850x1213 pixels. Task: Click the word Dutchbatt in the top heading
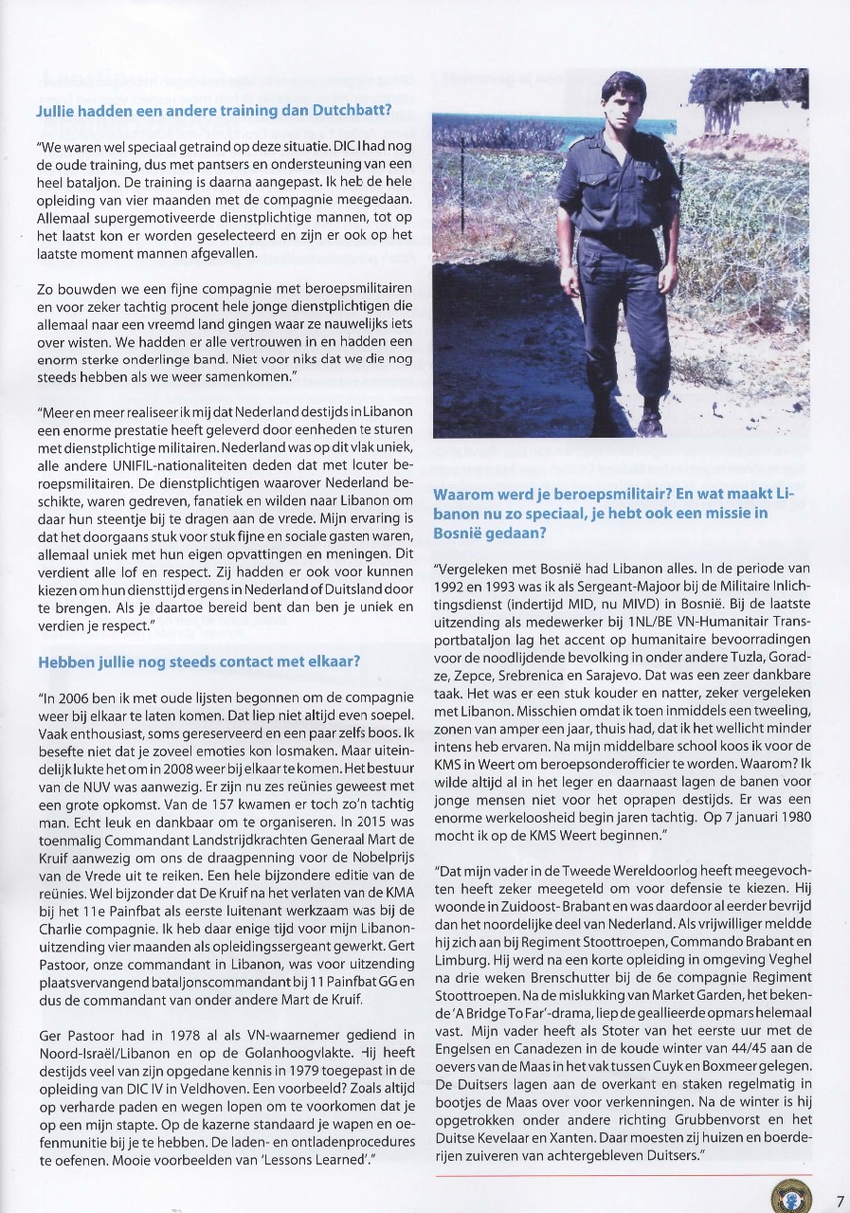click(x=338, y=110)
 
